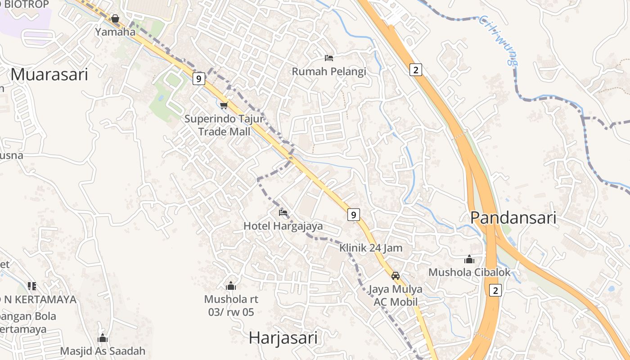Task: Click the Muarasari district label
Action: [x=49, y=74]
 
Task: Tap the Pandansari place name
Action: [x=513, y=218]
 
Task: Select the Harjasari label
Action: [x=283, y=337]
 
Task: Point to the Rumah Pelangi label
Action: [x=329, y=71]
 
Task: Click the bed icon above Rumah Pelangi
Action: [x=329, y=58]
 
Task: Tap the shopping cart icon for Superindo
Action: [x=224, y=105]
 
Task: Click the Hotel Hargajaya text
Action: [x=283, y=226]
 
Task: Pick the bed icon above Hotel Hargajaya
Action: [x=283, y=212]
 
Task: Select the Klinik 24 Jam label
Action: [x=371, y=248]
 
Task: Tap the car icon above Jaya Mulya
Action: [x=396, y=275]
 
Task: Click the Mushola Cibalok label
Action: [x=469, y=272]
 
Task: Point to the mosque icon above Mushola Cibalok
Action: [x=469, y=259]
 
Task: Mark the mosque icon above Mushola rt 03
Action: [x=231, y=286]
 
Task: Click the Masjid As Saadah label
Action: [x=103, y=351]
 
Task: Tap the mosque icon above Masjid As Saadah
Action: [x=103, y=338]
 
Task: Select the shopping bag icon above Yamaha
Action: [x=115, y=18]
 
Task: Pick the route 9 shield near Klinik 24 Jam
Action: [x=353, y=215]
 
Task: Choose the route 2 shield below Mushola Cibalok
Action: [x=495, y=290]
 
